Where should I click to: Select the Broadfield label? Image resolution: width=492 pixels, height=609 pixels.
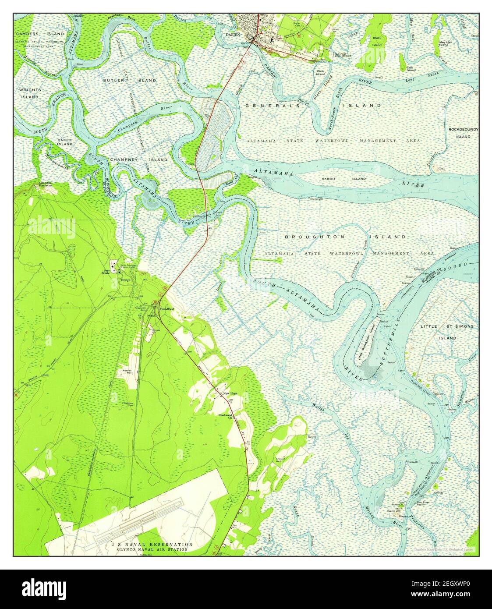tap(167, 309)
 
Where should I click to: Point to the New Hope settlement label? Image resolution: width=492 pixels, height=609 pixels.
tap(230, 394)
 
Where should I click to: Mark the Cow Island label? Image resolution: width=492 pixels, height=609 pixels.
tap(411, 69)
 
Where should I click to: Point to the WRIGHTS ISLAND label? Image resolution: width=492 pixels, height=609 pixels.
tap(30, 93)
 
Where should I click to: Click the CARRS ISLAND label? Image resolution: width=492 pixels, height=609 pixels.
tap(64, 142)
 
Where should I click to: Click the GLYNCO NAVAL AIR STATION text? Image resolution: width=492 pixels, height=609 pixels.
tap(152, 549)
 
